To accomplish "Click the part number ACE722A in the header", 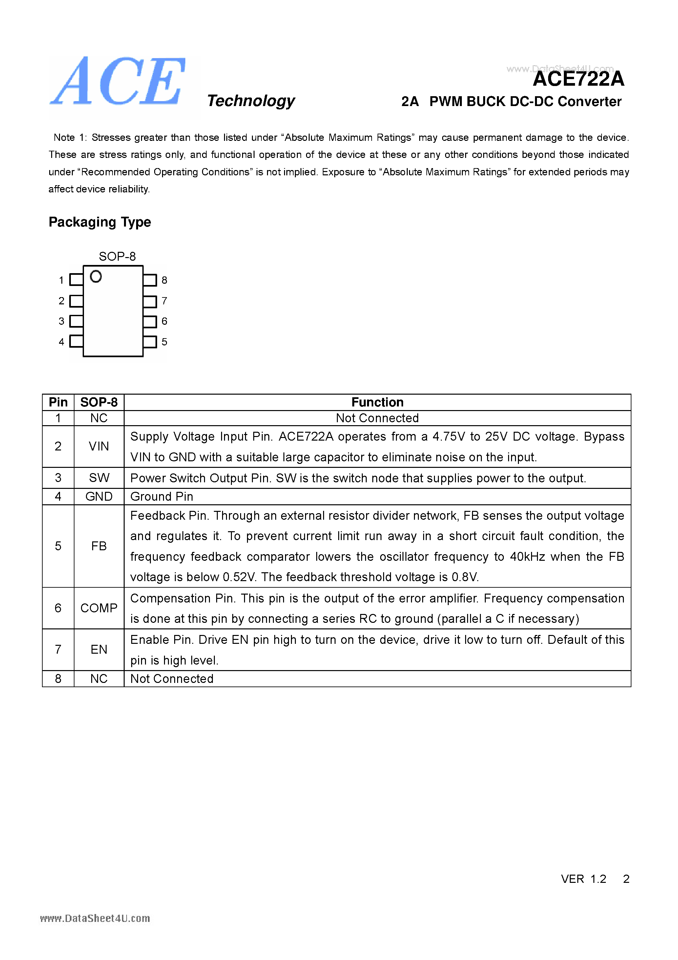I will (578, 79).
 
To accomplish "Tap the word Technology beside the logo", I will (251, 101).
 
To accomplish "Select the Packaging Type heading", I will (99, 222).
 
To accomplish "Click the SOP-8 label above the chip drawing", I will (117, 256).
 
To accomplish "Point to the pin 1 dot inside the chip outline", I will (96, 276).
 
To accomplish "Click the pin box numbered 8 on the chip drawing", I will (150, 280).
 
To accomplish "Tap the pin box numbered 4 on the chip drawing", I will (76, 341).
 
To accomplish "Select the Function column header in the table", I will (377, 402).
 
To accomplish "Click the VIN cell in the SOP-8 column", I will (99, 446).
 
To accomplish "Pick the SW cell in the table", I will (99, 478).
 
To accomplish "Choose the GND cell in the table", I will (99, 496).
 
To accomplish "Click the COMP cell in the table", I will (99, 608).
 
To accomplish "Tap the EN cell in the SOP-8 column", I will (99, 649).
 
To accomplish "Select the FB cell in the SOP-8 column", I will (99, 546).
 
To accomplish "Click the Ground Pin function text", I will (162, 496).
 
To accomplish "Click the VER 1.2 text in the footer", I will (583, 879).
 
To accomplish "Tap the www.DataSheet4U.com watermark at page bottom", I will (95, 919).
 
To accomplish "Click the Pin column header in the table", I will (58, 402).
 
